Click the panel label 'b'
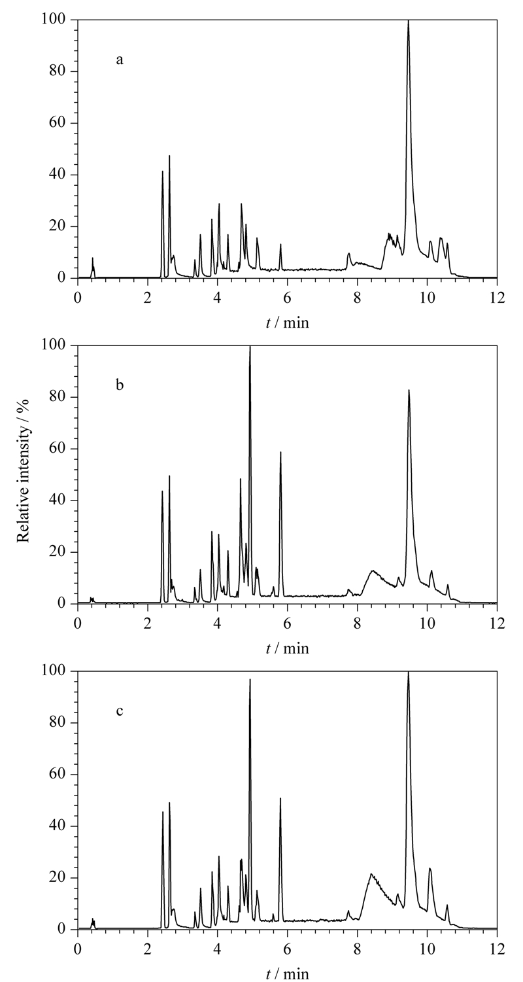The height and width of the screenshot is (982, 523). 120,385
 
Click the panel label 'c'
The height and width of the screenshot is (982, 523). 120,710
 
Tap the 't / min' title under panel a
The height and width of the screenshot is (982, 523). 288,323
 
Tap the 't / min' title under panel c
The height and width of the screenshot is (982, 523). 288,975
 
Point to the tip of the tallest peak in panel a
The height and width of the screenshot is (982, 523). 408,20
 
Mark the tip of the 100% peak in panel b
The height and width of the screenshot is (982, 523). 250,346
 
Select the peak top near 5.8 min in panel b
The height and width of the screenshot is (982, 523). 280,451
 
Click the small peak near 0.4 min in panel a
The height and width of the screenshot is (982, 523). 92,258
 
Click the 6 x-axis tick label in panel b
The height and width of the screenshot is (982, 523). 288,623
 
